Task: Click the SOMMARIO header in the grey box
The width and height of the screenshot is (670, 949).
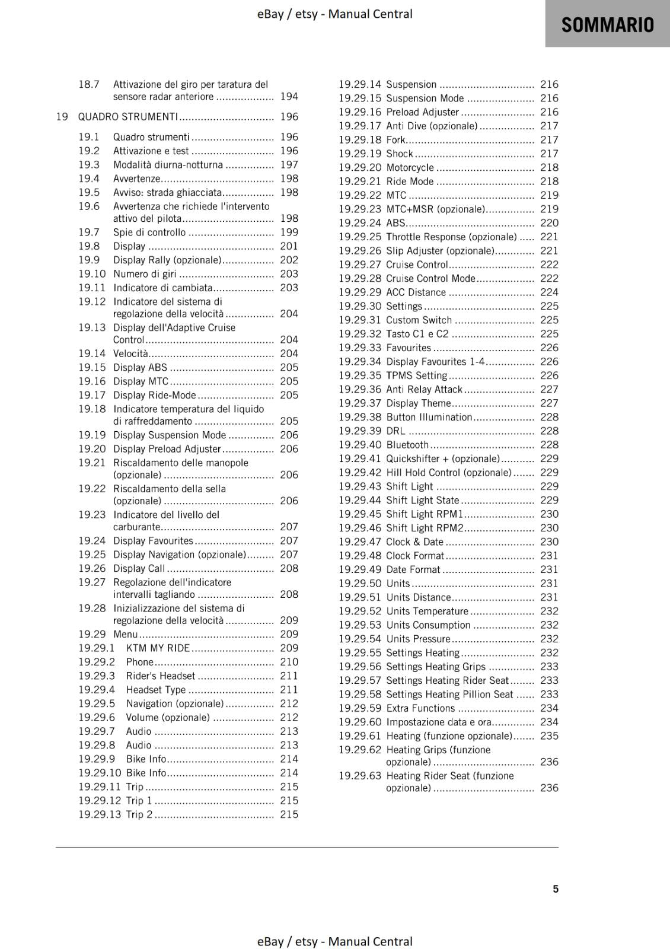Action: click(607, 25)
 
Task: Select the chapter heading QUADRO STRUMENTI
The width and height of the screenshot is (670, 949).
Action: click(127, 117)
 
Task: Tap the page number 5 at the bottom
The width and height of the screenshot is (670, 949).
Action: click(556, 889)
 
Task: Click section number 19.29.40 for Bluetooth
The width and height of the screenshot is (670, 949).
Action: click(360, 445)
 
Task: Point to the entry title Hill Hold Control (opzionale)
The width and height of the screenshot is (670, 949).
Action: click(448, 473)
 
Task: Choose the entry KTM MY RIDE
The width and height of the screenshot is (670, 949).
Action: click(158, 648)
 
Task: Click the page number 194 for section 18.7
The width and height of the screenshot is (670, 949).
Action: click(289, 97)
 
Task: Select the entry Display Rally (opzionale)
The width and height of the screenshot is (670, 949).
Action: click(167, 260)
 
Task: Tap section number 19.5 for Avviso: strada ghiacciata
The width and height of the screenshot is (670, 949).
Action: click(89, 192)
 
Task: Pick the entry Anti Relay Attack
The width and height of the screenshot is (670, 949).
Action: click(424, 390)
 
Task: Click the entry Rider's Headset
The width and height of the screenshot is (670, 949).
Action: click(160, 676)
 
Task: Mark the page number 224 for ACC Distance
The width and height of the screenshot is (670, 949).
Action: click(549, 292)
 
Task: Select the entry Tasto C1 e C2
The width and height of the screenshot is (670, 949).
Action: click(417, 334)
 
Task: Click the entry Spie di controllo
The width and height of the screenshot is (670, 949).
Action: click(149, 233)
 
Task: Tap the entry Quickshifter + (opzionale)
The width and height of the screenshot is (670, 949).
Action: click(443, 459)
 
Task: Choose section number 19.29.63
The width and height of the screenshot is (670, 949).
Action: click(360, 776)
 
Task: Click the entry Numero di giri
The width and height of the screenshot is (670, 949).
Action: click(145, 274)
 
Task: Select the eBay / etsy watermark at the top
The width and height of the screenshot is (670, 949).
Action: click(334, 14)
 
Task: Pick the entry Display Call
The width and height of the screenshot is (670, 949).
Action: click(139, 568)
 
